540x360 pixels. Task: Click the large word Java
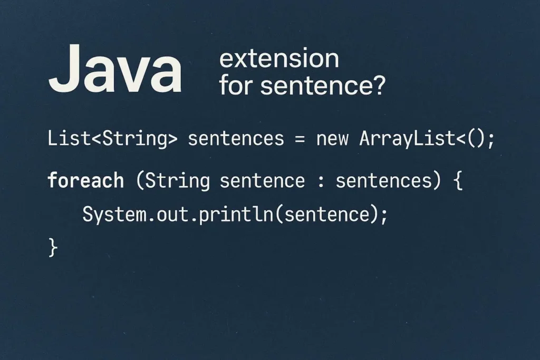(115, 69)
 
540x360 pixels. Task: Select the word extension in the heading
(279, 59)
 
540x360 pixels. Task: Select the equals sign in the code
(300, 139)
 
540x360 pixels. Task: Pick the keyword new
(332, 139)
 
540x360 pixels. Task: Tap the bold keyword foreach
(85, 180)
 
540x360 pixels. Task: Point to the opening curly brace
(458, 180)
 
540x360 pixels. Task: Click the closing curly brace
(53, 247)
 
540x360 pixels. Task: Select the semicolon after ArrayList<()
(491, 140)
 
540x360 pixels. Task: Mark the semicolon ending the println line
(384, 216)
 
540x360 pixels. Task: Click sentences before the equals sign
(236, 139)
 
